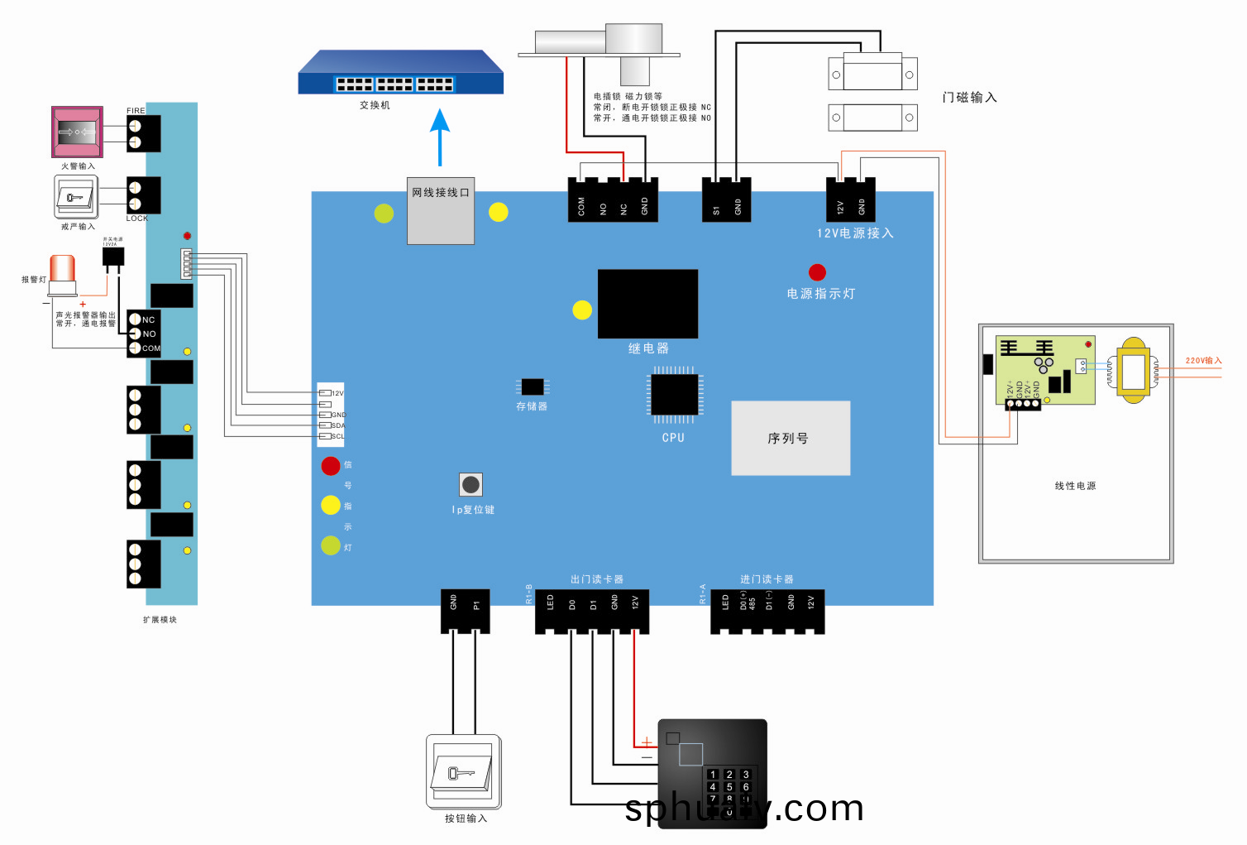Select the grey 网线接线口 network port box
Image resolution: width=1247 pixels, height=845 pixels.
point(441,211)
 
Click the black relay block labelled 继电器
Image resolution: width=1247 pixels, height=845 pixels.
point(647,304)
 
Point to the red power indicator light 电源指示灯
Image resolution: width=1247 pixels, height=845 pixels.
point(817,272)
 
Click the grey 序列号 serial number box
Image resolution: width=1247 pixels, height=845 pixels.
point(791,438)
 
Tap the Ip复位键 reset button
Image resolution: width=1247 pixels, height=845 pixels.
point(471,484)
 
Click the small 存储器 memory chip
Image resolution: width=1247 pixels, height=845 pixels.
point(533,386)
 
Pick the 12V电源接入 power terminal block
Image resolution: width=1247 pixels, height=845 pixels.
point(850,200)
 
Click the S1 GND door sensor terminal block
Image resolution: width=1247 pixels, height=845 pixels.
point(727,200)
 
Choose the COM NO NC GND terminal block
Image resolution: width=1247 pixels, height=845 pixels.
point(613,200)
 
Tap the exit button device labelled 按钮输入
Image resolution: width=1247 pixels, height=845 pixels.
point(464,771)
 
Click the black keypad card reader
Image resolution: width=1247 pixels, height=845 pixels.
point(712,770)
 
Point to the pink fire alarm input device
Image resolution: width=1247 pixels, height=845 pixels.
point(77,132)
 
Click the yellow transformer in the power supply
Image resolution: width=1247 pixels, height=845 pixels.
point(1133,370)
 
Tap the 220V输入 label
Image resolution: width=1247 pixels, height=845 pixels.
point(1203,361)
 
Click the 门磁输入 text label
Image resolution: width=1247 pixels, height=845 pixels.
point(969,98)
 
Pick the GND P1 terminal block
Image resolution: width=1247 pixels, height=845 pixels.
point(465,611)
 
